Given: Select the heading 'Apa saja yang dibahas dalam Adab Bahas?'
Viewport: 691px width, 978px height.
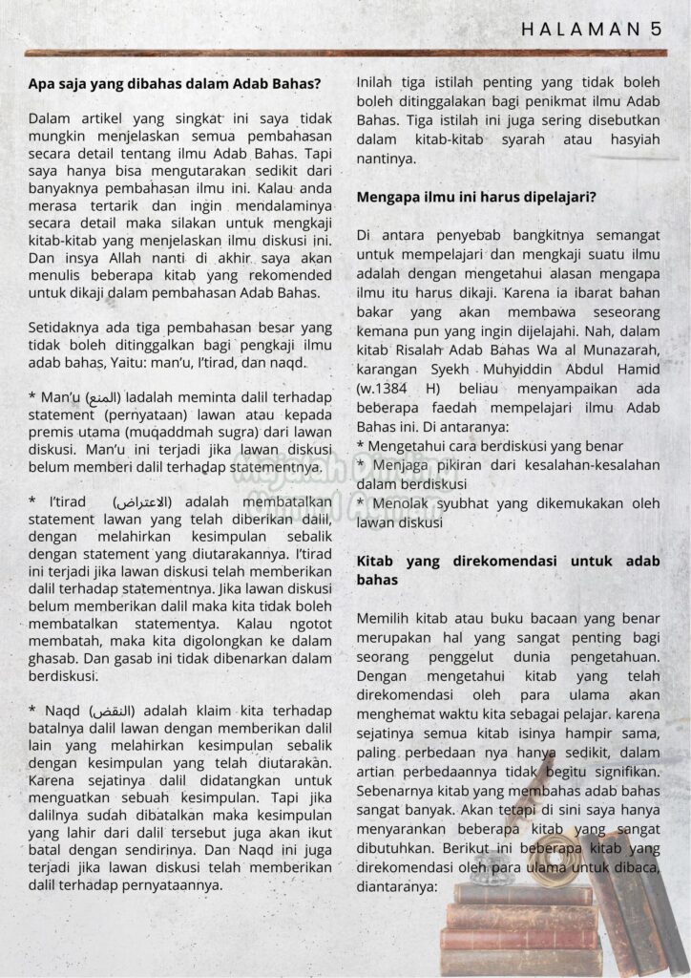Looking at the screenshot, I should (175, 83).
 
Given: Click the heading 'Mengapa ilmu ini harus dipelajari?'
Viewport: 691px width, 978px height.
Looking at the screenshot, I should (477, 198).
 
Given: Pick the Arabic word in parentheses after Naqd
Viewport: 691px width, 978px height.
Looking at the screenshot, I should (112, 710).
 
